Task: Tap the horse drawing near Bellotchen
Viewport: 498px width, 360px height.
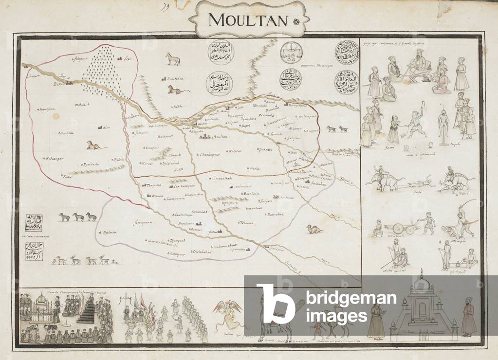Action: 172,59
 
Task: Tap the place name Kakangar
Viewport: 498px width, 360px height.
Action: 55,158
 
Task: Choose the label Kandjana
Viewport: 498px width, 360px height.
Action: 47,109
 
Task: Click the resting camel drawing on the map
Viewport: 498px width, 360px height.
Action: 314,228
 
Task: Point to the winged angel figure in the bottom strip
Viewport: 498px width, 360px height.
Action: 227,312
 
